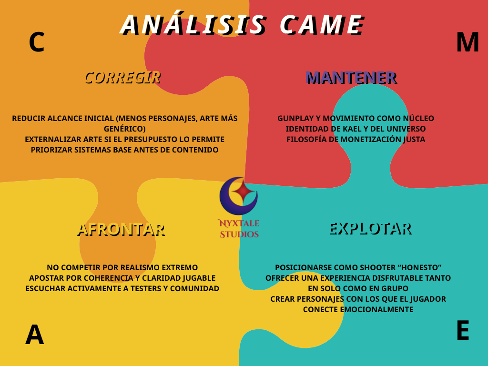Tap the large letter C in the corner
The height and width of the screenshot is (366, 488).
pyautogui.click(x=37, y=42)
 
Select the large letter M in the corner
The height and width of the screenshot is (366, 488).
pyautogui.click(x=467, y=42)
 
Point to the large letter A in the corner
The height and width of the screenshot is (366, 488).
pyautogui.click(x=34, y=335)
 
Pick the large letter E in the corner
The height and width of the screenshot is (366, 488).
pyautogui.click(x=462, y=330)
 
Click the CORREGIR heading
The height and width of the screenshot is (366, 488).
pyautogui.click(x=122, y=77)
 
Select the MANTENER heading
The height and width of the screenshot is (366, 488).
pyautogui.click(x=350, y=77)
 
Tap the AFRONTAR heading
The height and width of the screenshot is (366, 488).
pyautogui.click(x=121, y=229)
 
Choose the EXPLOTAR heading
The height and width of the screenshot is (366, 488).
pyautogui.click(x=369, y=228)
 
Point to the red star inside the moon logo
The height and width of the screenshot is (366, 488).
pyautogui.click(x=244, y=191)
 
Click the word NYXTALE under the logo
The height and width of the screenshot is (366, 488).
pyautogui.click(x=238, y=223)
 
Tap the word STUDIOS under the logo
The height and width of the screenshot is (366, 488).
pyautogui.click(x=239, y=234)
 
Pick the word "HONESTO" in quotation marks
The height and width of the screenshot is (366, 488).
pyautogui.click(x=420, y=267)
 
